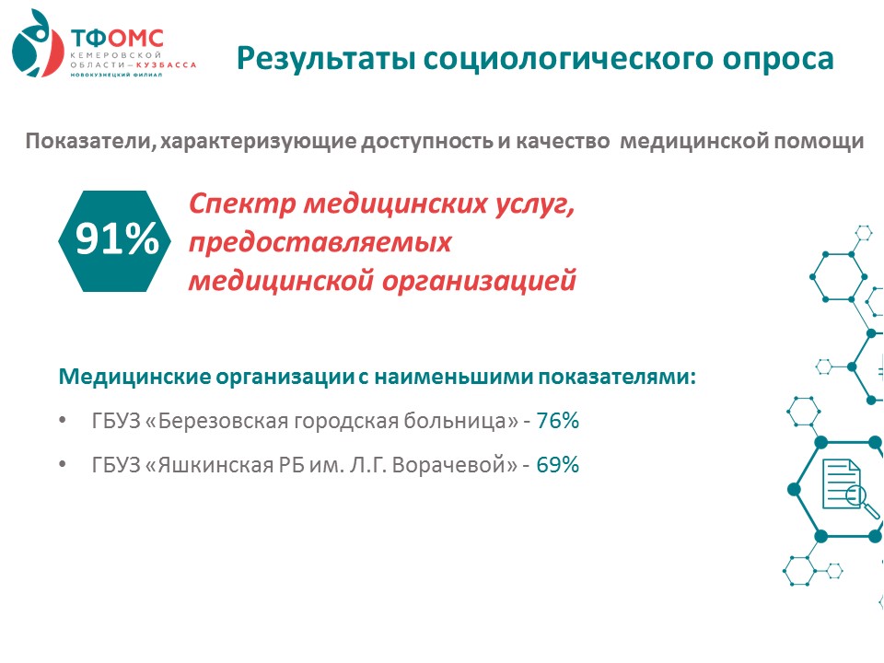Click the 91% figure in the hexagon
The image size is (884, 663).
(x=117, y=239)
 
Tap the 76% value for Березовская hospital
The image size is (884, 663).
(x=558, y=421)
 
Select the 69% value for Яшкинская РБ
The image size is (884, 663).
(x=558, y=464)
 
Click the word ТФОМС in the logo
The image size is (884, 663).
(x=117, y=39)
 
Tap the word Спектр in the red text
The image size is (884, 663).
(x=241, y=204)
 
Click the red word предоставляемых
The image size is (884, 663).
(x=320, y=243)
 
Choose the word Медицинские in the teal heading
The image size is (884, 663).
(x=134, y=377)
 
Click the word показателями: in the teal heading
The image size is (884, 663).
(x=617, y=377)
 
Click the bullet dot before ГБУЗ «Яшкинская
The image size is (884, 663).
(x=63, y=464)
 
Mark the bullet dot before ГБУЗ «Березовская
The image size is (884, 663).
(x=63, y=421)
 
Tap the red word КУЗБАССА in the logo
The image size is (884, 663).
(x=167, y=64)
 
